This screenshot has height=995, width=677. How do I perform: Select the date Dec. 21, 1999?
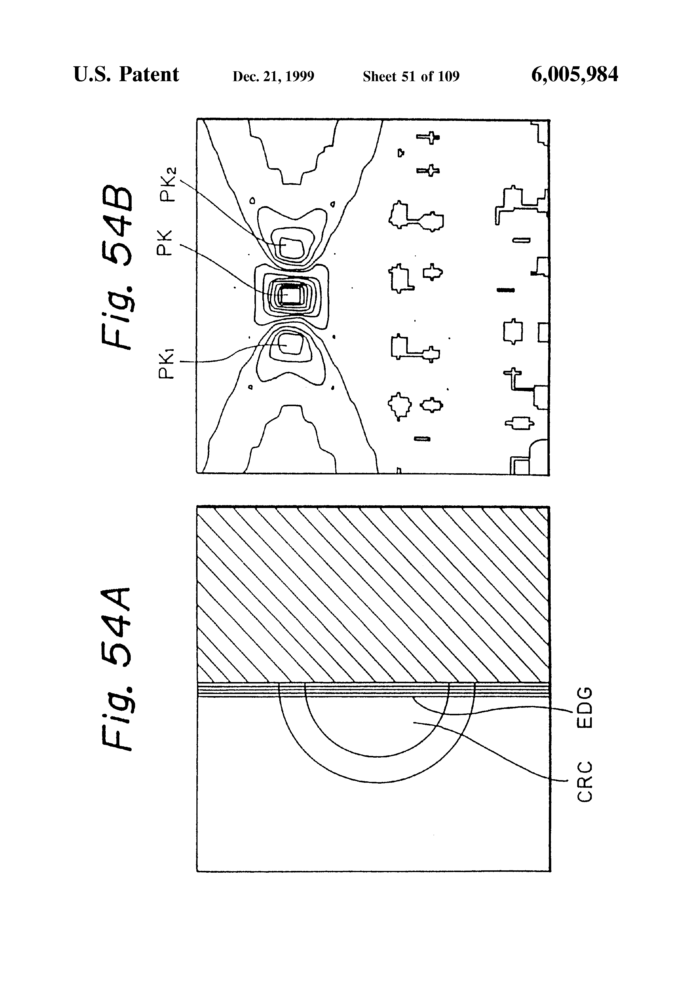click(273, 76)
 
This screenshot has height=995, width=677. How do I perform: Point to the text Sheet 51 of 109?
click(411, 76)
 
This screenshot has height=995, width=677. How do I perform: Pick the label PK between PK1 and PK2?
click(165, 243)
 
